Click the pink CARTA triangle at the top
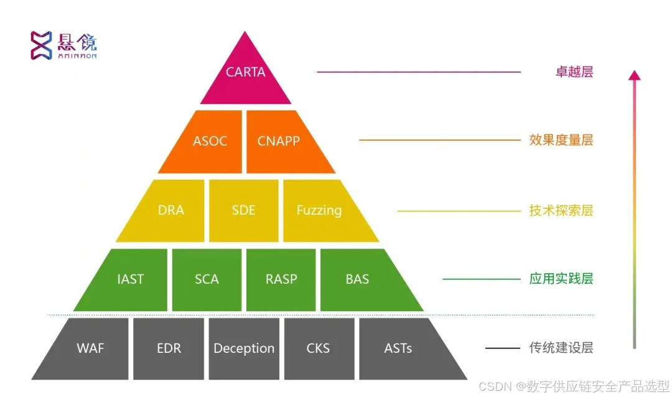245,75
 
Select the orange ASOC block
209,141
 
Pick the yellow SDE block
243,210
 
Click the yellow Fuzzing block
319,210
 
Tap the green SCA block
207,279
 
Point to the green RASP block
281,279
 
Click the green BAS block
358,279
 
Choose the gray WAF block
91,348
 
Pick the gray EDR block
169,348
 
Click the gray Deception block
244,348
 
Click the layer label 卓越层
574,72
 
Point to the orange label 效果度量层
561,140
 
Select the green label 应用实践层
561,279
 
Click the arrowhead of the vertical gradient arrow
634,75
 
